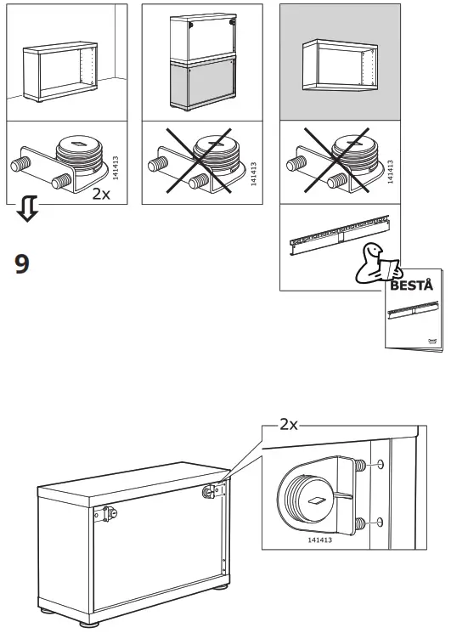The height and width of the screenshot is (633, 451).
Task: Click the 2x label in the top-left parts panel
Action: [x=102, y=193]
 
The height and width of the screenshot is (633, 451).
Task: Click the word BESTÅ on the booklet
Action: [x=411, y=285]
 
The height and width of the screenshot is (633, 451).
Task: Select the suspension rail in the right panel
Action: [x=337, y=235]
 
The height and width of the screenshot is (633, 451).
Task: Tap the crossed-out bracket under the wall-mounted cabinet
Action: [x=336, y=161]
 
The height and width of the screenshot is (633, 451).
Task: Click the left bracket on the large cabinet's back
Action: [x=108, y=513]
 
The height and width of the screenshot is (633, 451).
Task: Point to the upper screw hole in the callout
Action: [x=380, y=465]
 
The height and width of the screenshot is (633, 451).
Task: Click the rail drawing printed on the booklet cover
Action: [x=412, y=311]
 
